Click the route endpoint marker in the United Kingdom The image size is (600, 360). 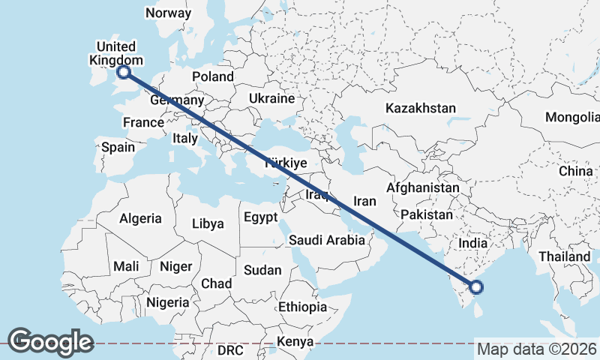[124, 72]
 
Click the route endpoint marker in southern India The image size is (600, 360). [476, 286]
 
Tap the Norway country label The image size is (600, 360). [168, 13]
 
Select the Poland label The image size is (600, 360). [213, 76]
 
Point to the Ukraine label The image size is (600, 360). [271, 98]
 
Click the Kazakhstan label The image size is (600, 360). [420, 108]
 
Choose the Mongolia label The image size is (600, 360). [573, 117]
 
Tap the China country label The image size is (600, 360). [575, 171]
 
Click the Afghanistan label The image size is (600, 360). [422, 187]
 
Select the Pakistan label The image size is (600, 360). [426, 214]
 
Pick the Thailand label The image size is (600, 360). [563, 256]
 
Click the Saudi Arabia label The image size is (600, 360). [327, 240]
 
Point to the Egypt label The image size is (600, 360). [260, 217]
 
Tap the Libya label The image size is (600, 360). [208, 223]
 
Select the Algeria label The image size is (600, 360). [140, 218]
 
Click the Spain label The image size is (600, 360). [118, 147]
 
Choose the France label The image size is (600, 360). [143, 122]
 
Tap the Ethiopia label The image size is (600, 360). [302, 307]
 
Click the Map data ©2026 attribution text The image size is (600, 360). [536, 349]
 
